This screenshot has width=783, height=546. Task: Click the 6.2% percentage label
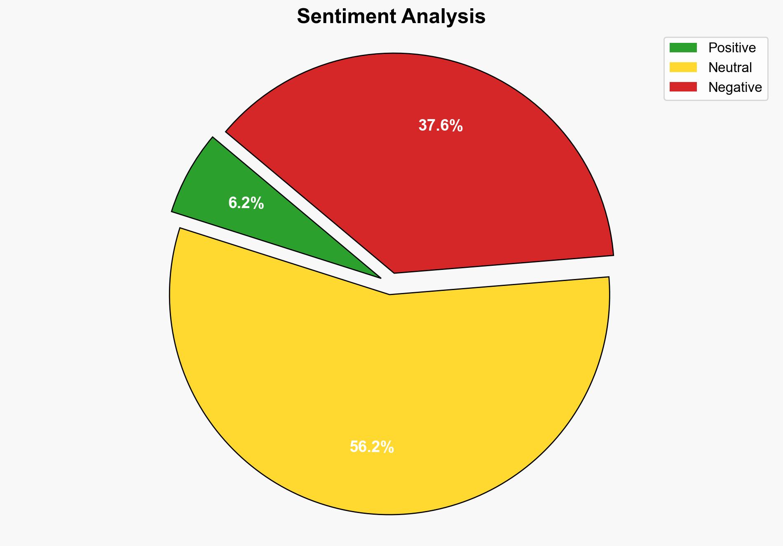point(246,203)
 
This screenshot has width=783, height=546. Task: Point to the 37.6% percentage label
point(440,126)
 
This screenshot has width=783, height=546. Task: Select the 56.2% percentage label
point(372,447)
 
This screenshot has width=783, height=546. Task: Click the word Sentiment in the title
point(346,17)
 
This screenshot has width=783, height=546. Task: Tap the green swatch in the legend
point(683,48)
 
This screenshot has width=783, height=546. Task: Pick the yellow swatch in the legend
point(683,67)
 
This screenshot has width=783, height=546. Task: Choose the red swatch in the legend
point(683,87)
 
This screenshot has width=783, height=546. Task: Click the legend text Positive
point(732,48)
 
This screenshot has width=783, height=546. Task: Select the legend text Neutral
point(730,67)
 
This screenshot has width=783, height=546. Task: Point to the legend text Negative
point(735,87)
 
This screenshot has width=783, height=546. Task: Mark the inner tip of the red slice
point(395,272)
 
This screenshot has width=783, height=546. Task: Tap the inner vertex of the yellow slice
point(390,294)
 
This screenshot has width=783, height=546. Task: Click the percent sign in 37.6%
point(457,126)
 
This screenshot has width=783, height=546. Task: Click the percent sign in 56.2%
point(388,447)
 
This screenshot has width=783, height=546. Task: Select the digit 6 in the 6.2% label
point(232,203)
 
